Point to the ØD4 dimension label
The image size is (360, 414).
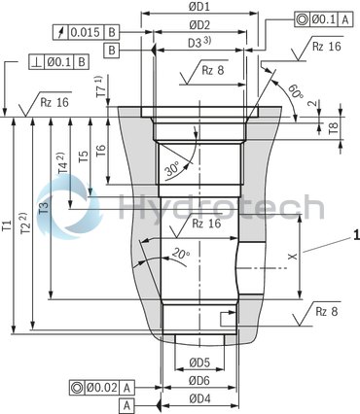tap(199, 398)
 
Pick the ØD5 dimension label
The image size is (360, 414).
tap(198, 362)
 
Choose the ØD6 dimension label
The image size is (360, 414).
tap(199, 380)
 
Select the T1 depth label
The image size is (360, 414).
tap(9, 231)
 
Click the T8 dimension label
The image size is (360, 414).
tap(334, 127)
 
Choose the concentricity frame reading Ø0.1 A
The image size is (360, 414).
tap(326, 17)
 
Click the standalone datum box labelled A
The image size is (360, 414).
tap(126, 404)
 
